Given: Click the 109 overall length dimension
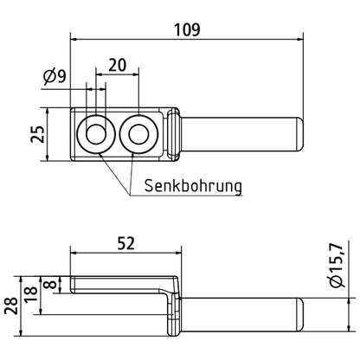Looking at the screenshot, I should pos(186,29).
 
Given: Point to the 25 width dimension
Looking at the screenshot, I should pos(35,133).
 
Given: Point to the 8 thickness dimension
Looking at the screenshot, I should pos(51,285).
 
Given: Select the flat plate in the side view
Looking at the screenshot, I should pos(121,283).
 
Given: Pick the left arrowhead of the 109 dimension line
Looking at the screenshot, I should pos(74,39).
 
